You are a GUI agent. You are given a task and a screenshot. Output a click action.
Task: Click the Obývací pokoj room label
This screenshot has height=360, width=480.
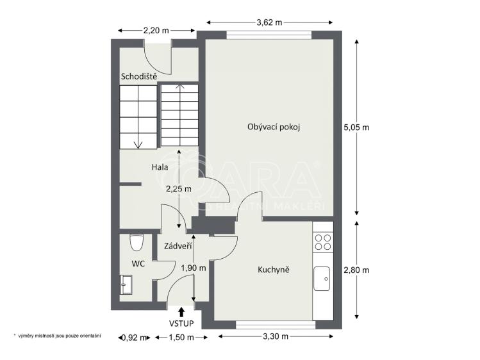point(274,127)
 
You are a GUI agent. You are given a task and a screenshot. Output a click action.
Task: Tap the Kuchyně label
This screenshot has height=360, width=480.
point(274,270)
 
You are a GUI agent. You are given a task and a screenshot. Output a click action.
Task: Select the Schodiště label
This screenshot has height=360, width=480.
point(139,76)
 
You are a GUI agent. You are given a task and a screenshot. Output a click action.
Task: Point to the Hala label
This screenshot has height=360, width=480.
point(160,167)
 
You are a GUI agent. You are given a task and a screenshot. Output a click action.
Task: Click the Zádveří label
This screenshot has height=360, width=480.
point(178,246)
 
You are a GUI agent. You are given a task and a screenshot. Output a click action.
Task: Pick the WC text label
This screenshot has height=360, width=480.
point(138,263)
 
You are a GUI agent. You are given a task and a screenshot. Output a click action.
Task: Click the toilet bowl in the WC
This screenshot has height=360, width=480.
point(136,242)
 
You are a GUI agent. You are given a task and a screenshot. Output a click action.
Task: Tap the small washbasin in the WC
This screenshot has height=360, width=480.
point(126,284)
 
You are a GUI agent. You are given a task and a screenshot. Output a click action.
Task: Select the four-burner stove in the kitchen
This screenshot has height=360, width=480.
point(323,242)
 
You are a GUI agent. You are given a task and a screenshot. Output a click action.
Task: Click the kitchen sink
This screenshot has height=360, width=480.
point(322,279)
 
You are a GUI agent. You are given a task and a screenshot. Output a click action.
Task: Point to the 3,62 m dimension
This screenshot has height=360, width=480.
point(269,22)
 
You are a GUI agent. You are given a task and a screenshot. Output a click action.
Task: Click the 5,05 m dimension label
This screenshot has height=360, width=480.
point(356,127)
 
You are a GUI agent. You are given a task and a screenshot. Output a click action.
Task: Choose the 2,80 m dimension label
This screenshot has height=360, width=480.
point(356,270)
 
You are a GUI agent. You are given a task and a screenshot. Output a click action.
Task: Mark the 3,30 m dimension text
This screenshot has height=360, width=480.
point(276,336)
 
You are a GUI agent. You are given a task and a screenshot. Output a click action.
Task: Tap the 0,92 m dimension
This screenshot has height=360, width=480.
point(134,338)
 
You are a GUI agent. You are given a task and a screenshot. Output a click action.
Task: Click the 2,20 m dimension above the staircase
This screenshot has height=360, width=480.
point(156,30)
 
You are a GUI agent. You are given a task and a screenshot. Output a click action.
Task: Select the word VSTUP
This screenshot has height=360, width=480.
point(181,323)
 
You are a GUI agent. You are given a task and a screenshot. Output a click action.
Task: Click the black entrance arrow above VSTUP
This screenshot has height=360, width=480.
point(181,312)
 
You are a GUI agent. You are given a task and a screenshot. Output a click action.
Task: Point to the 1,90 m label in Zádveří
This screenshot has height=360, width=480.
point(194,268)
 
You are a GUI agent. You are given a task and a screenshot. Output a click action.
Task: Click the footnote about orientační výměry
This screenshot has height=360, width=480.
point(57,336)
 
